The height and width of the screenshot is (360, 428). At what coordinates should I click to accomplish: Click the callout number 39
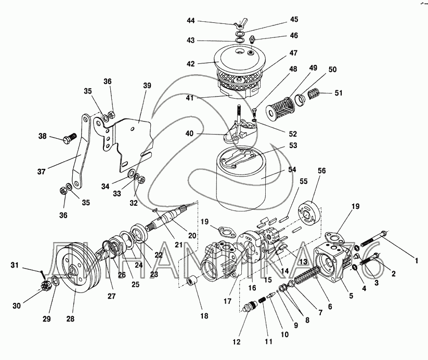pyautogui.click(x=147, y=85)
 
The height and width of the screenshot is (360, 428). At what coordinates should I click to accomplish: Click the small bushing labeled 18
pyautogui.click(x=192, y=285)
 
